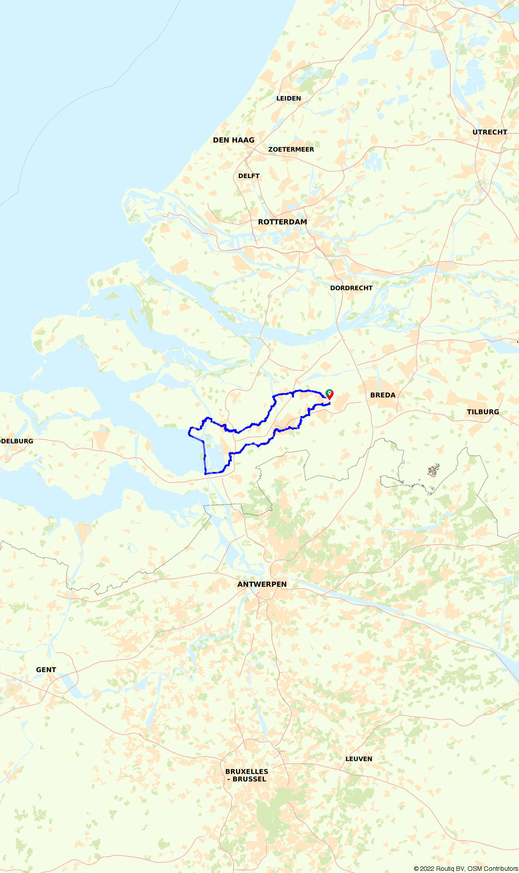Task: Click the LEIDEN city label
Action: (289, 98)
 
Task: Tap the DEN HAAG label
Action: (234, 140)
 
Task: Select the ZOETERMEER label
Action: (291, 149)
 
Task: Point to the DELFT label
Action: (248, 176)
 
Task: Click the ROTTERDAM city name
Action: (282, 222)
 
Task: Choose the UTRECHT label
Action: (489, 132)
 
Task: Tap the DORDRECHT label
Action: (351, 288)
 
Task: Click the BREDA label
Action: (382, 395)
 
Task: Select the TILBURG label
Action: (483, 412)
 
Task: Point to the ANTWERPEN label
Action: (262, 584)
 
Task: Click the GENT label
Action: (46, 670)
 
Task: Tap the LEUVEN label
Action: (359, 759)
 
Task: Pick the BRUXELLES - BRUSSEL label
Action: (247, 775)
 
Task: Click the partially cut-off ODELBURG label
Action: (16, 441)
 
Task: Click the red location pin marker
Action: (330, 394)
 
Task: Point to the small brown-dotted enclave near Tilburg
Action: (433, 471)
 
